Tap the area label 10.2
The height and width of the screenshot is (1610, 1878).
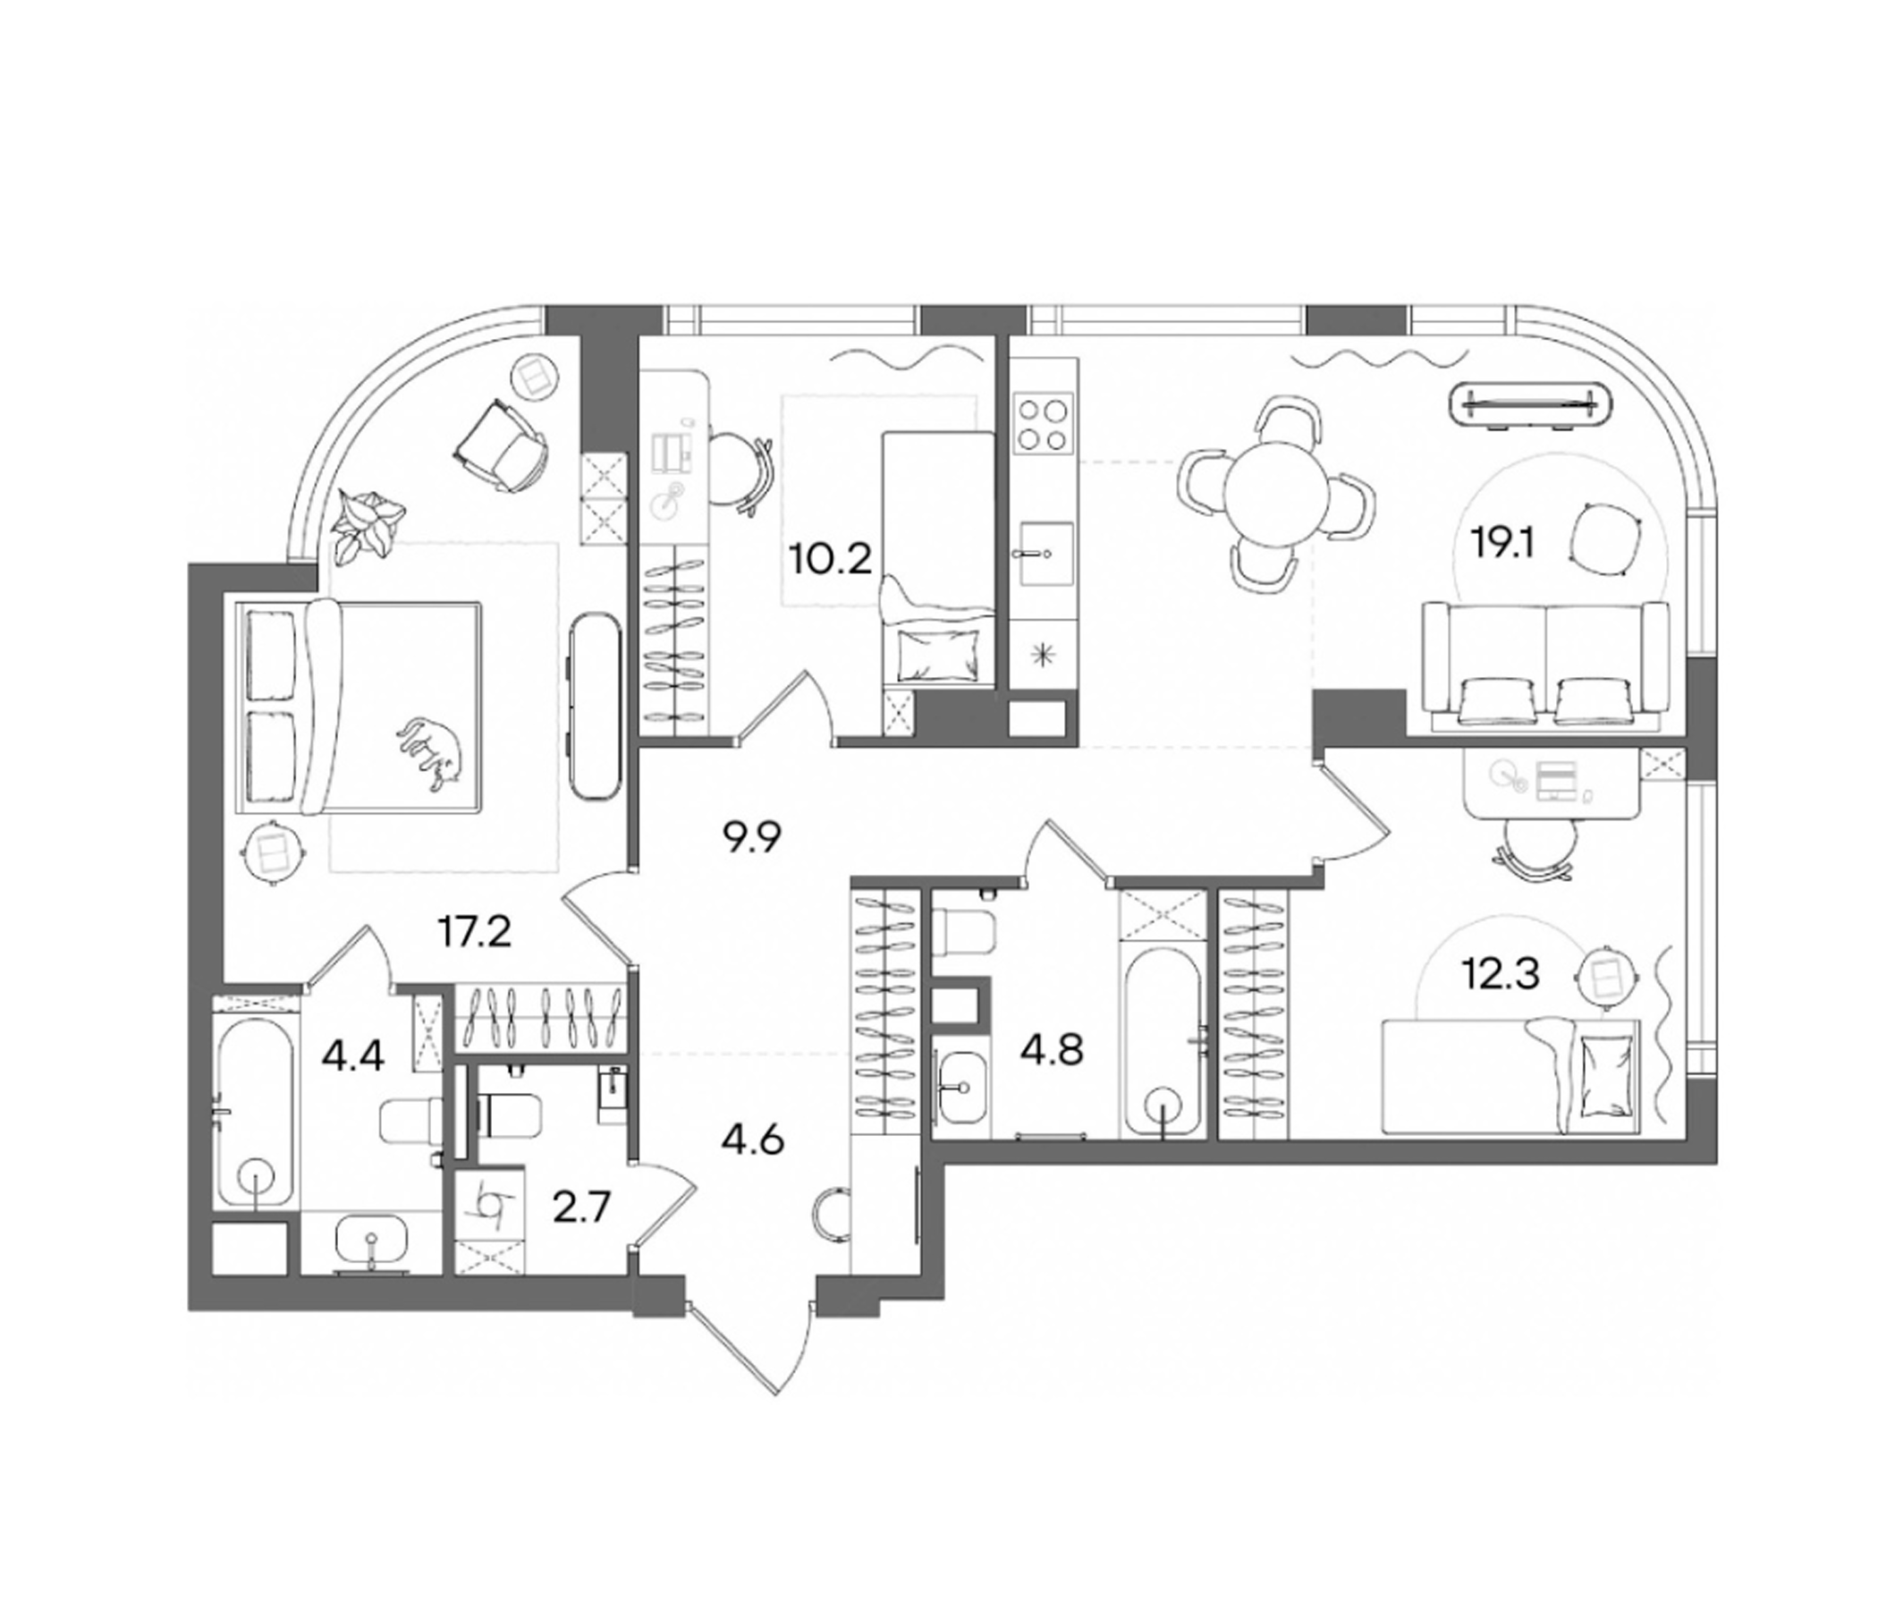click(830, 558)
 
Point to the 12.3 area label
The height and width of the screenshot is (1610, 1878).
click(1500, 977)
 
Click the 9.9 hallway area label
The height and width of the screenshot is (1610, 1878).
click(751, 839)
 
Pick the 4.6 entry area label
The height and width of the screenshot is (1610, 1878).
click(752, 1140)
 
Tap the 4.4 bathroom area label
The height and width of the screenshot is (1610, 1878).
click(353, 1057)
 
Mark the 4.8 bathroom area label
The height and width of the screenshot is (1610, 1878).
click(1053, 1053)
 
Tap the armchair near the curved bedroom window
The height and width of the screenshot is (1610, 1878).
click(503, 446)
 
